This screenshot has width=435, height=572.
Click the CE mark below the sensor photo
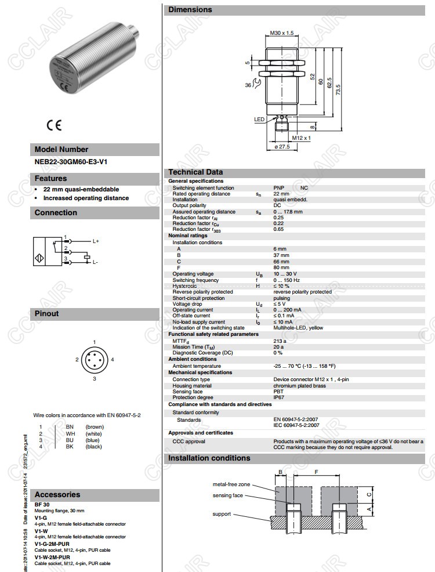tap(54, 125)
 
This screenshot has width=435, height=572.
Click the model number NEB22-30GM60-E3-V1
tap(71, 162)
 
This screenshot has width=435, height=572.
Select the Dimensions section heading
tap(190, 9)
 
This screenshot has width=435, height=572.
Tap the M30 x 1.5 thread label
tap(282, 33)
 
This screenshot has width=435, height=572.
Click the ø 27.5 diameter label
tap(281, 147)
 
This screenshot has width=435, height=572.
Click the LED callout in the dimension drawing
tap(259, 120)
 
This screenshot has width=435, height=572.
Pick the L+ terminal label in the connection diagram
tap(96, 240)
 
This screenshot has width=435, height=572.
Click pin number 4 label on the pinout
tap(113, 360)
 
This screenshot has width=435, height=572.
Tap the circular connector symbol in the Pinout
tap(95, 360)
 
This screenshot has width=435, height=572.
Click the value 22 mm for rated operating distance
tap(281, 194)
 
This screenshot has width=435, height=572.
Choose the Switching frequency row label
tap(195, 280)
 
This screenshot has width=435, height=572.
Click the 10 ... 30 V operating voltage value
tap(285, 274)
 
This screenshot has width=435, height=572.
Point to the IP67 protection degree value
tap(279, 397)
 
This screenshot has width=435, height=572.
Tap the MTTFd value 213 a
tap(280, 341)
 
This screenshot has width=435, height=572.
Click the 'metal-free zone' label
tap(231, 484)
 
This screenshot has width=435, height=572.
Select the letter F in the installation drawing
tap(316, 472)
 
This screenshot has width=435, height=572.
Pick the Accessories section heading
tap(57, 494)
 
